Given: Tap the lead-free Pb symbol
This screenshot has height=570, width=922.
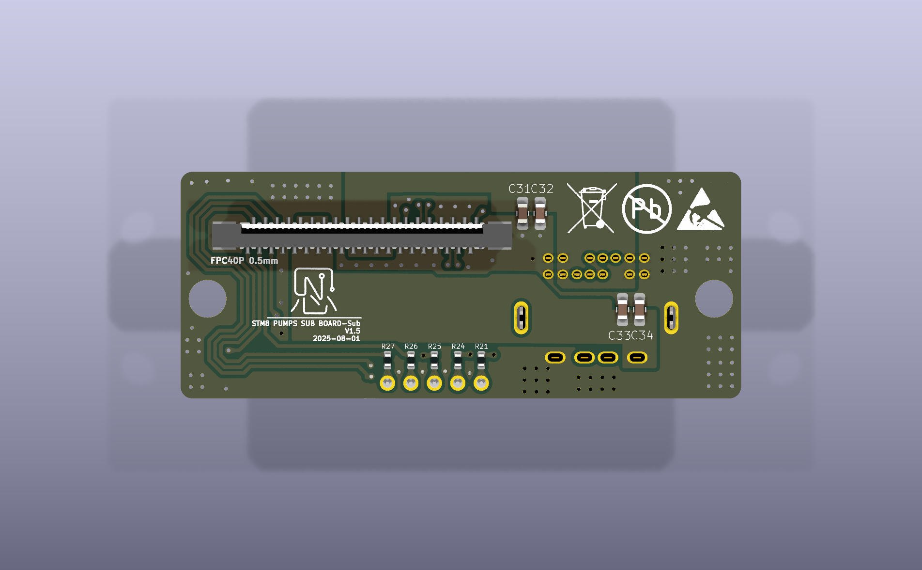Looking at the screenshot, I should [646, 209].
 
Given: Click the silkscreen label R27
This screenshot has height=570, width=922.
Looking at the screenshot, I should [388, 346].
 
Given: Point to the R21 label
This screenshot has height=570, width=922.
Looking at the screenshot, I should [481, 346].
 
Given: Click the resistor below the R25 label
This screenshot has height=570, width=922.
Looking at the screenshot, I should [434, 360].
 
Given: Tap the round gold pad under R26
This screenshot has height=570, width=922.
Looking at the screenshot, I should [411, 383].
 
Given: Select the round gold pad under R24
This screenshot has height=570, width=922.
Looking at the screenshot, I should [458, 383].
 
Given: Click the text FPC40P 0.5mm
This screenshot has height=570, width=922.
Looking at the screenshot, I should [244, 261].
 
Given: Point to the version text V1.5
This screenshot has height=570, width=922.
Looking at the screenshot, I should [353, 331].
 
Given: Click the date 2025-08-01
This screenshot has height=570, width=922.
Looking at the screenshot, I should [336, 338].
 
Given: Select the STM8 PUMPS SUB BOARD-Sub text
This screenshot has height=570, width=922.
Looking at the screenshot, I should [306, 323].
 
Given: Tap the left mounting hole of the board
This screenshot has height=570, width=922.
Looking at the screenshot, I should [207, 299].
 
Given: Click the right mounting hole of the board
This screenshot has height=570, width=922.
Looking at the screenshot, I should [714, 299].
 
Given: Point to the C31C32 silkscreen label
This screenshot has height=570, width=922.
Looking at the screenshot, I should [531, 189].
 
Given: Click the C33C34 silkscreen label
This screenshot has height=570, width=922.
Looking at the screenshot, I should [630, 335].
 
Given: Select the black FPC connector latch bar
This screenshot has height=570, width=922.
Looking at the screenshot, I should [362, 230].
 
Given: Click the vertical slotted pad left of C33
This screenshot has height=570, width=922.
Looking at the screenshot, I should [521, 318].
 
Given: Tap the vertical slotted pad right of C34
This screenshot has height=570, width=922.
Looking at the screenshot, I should [671, 318].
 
